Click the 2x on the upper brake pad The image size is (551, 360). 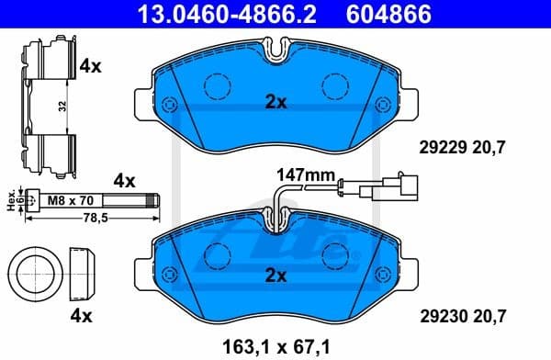click(275, 103)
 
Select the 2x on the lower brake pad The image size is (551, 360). click(275, 275)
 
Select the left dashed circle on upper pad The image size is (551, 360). click(219, 86)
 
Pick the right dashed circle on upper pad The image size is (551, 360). click(335, 86)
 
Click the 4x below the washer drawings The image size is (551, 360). click(81, 317)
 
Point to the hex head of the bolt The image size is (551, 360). click(33, 197)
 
